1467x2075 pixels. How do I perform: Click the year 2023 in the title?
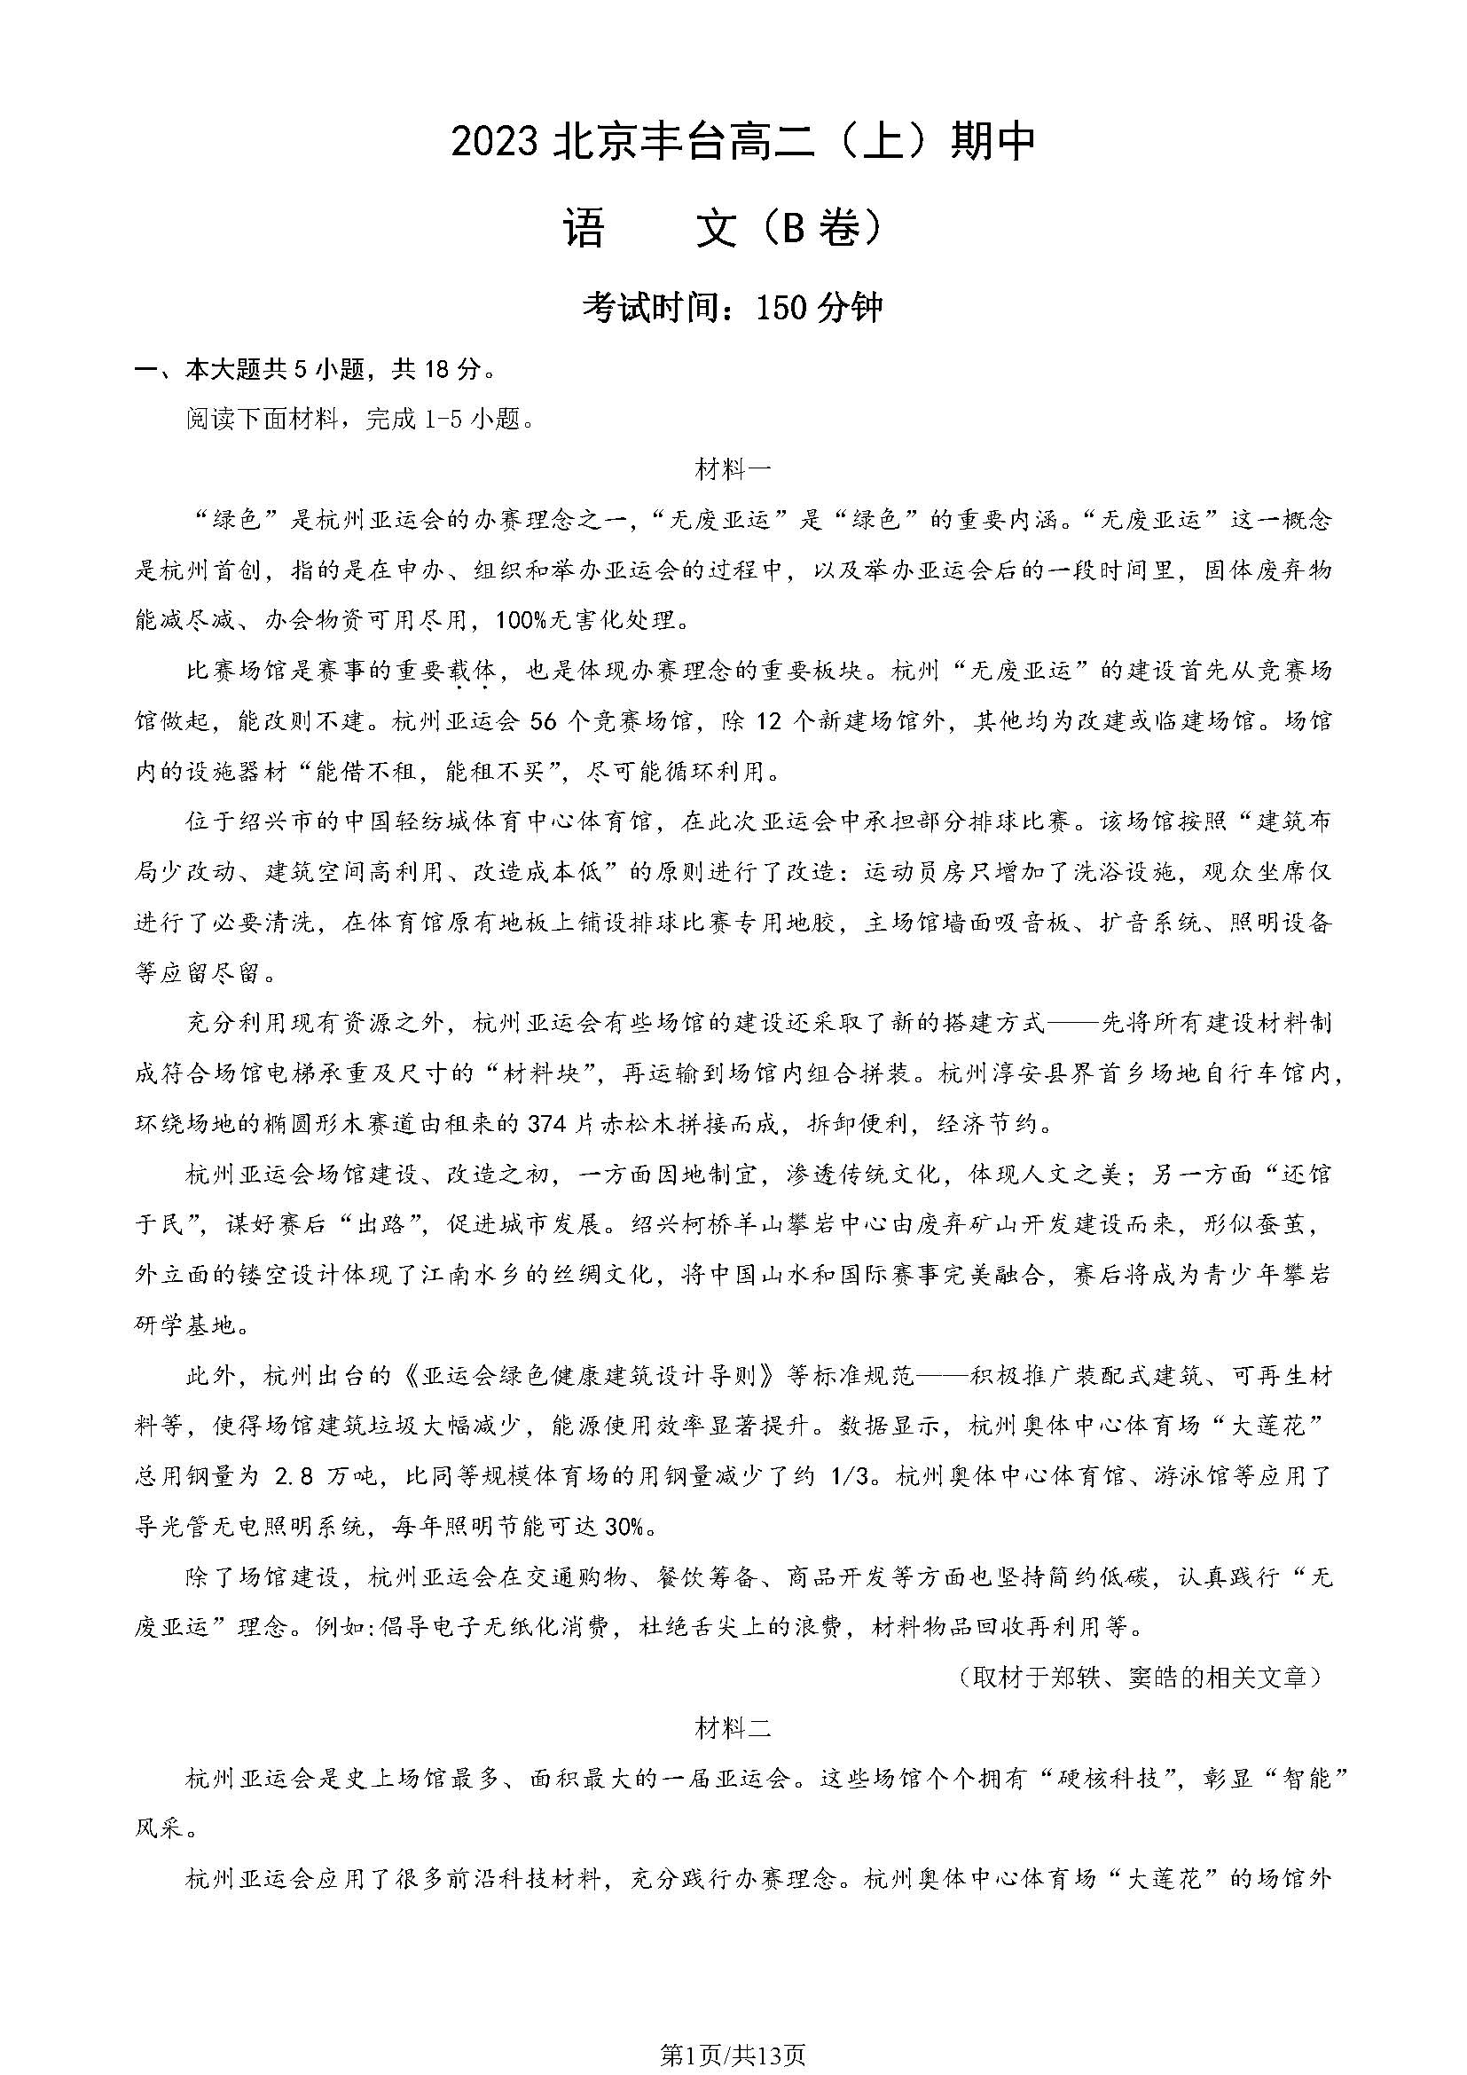point(496,144)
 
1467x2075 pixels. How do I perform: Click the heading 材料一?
point(733,470)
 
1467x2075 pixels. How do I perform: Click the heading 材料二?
point(733,1730)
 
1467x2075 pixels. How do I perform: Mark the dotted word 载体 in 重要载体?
point(472,672)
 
